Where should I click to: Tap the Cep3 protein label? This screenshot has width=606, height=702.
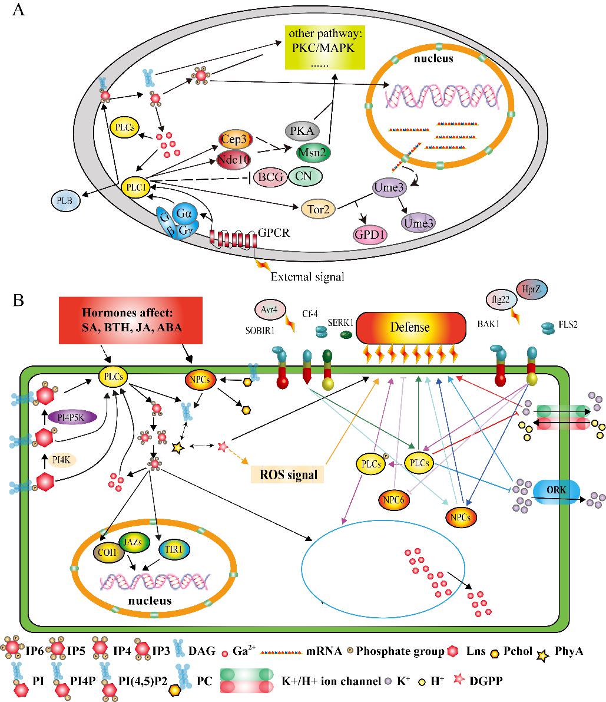point(234,139)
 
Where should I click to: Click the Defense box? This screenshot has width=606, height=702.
point(412,328)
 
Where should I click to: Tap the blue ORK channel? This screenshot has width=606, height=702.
point(556,491)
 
